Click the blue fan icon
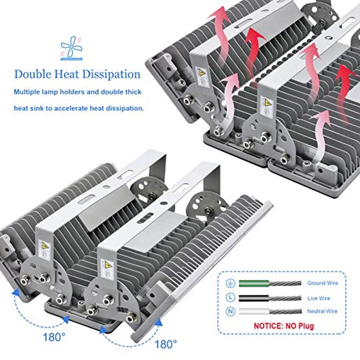(71, 48)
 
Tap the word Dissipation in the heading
(111, 74)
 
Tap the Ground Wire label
(322, 283)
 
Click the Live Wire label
(319, 298)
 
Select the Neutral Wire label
(322, 311)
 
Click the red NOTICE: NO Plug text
(283, 326)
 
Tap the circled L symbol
(230, 298)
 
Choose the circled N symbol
(230, 311)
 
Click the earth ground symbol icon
(230, 283)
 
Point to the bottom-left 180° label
(54, 337)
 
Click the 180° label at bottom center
(166, 345)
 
